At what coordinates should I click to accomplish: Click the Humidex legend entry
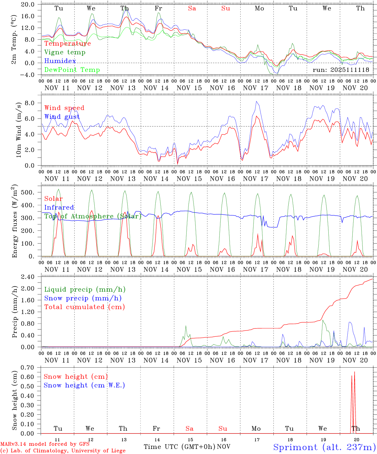pyautogui.click(x=60, y=61)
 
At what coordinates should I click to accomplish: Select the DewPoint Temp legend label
pyautogui.click(x=72, y=70)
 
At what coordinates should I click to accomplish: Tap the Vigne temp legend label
pyautogui.click(x=65, y=52)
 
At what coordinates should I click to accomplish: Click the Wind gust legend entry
pyautogui.click(x=62, y=117)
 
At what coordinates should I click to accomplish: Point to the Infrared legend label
pyautogui.click(x=59, y=207)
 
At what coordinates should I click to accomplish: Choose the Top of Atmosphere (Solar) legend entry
pyautogui.click(x=93, y=216)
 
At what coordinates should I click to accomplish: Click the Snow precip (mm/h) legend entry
pyautogui.click(x=83, y=298)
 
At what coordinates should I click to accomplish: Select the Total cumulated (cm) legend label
pyautogui.click(x=84, y=307)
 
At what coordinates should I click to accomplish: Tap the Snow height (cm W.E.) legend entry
pyautogui.click(x=84, y=385)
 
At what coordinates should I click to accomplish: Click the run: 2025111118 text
pyautogui.click(x=341, y=70)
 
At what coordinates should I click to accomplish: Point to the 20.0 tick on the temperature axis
pyautogui.click(x=28, y=4)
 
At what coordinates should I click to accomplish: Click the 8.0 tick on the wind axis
pyautogui.click(x=29, y=103)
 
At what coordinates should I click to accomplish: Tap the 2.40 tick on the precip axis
pyautogui.click(x=27, y=277)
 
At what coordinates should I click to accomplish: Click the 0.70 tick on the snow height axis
pyautogui.click(x=27, y=367)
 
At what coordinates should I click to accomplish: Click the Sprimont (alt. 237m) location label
pyautogui.click(x=324, y=447)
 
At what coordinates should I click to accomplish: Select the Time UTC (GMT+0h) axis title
pyautogui.click(x=180, y=447)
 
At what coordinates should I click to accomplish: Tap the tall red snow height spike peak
pyautogui.click(x=354, y=372)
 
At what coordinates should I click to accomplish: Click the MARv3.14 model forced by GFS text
pyautogui.click(x=45, y=444)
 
